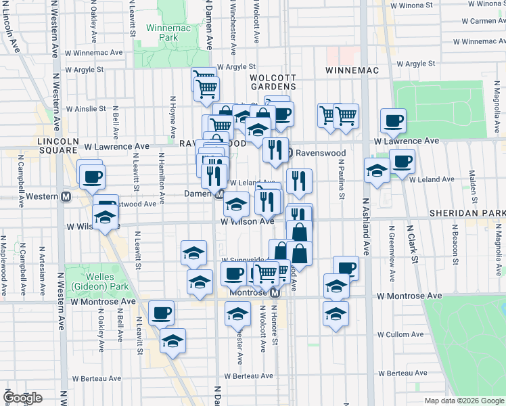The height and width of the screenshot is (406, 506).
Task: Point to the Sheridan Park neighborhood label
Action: pos(467,212)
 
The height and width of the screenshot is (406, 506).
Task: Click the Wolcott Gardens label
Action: pos(273,82)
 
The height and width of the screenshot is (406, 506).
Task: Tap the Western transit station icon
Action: pos(66,197)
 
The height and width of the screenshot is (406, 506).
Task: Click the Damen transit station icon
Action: pos(219,194)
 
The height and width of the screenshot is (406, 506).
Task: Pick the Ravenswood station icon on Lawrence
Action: pos(289,153)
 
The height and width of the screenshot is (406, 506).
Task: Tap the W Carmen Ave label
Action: pos(478,21)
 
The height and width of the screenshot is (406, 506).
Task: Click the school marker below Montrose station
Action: pos(237,315)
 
